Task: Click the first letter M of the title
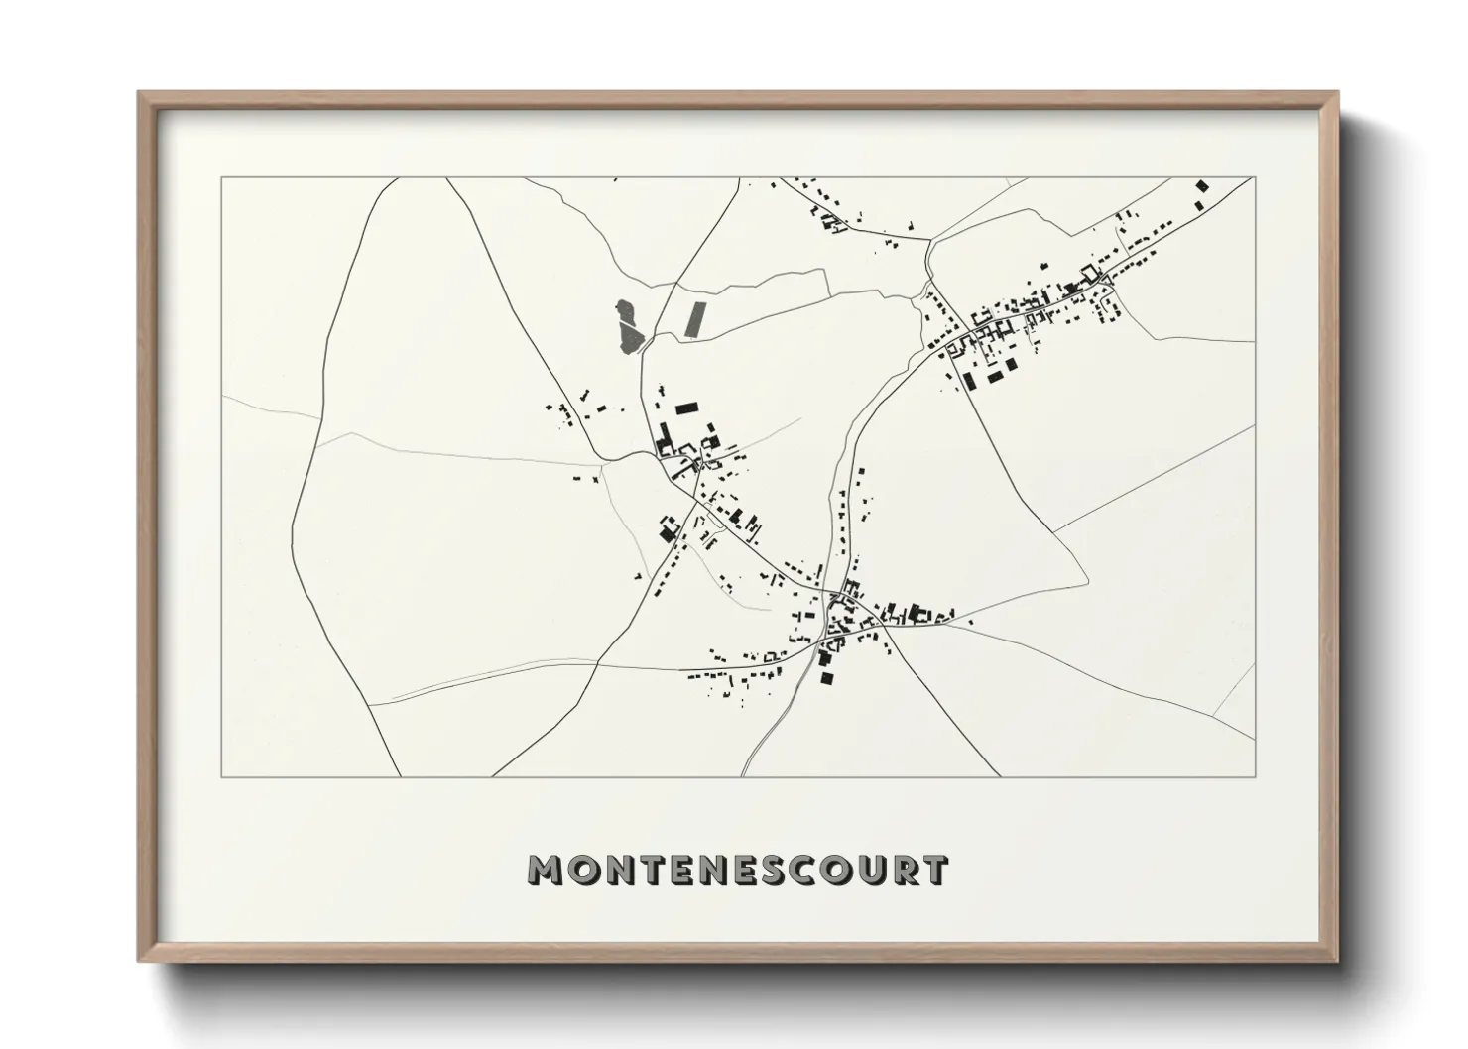548,871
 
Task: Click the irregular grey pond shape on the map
628,326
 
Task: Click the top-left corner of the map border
222,179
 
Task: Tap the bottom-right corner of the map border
1255,776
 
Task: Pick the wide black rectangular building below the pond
686,408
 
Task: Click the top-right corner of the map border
1255,179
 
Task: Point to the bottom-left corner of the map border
222,776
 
